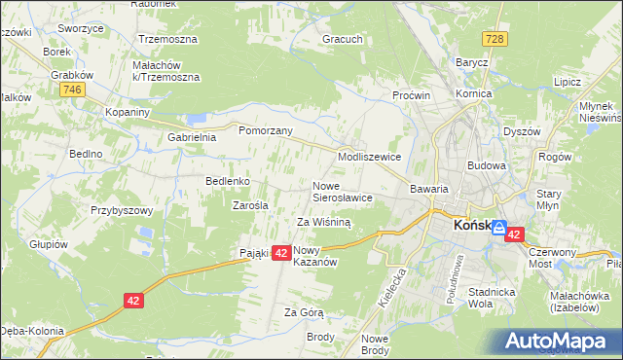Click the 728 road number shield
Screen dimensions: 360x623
(x=495, y=38)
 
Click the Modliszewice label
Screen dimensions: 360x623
(x=369, y=156)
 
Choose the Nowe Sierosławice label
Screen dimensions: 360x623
(x=343, y=191)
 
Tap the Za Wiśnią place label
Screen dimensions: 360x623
(x=323, y=222)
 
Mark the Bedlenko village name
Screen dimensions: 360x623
(x=229, y=181)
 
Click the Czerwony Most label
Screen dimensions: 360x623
(x=553, y=257)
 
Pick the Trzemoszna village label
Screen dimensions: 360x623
(x=167, y=40)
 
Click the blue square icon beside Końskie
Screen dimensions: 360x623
(x=498, y=229)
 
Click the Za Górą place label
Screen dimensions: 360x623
(x=303, y=312)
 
